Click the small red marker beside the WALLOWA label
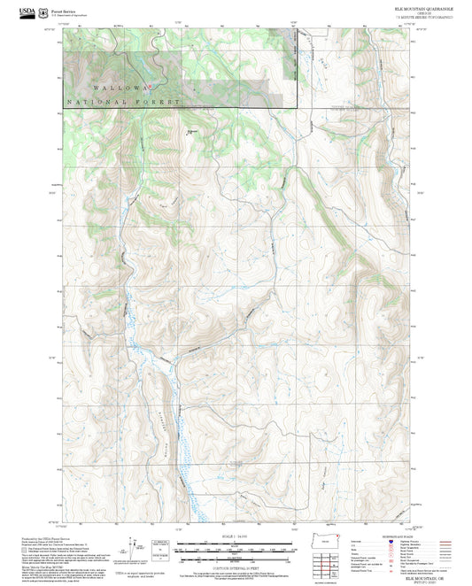pyautogui.click(x=150, y=86)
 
